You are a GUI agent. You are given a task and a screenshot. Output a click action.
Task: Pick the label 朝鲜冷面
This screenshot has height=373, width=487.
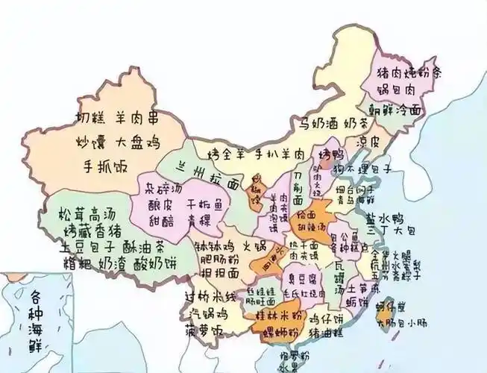(393, 109)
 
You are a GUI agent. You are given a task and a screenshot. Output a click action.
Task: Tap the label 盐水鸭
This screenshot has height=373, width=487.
(386, 218)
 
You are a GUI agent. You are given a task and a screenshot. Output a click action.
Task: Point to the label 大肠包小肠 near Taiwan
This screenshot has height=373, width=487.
(396, 324)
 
